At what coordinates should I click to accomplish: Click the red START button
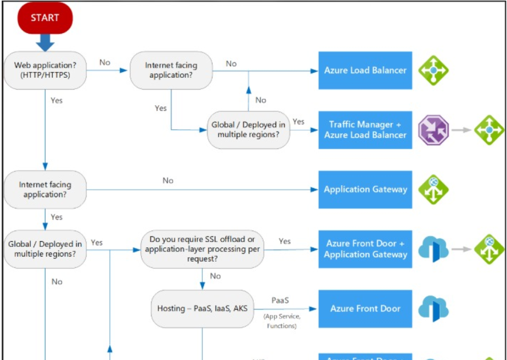point(45,18)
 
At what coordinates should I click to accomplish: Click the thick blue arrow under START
point(45,42)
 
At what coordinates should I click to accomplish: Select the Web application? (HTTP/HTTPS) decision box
point(45,71)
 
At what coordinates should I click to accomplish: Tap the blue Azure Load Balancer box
point(365,70)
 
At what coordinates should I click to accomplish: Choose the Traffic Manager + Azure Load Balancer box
point(365,130)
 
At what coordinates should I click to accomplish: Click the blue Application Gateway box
point(365,189)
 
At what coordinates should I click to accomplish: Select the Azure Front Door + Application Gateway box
point(365,249)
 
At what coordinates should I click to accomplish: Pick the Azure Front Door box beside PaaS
point(365,309)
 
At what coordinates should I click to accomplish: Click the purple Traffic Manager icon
point(433,130)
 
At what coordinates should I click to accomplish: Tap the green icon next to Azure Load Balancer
point(433,70)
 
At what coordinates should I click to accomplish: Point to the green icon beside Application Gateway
point(433,189)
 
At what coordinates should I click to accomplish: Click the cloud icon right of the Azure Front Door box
point(433,309)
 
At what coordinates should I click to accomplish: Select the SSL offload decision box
point(202,249)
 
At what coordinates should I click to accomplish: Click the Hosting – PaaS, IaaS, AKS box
point(202,309)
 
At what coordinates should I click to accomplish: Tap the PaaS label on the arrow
point(280,300)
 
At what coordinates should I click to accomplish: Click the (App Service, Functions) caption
point(281,321)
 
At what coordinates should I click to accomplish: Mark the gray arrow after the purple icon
point(461,130)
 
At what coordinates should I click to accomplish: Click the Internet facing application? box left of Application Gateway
point(45,189)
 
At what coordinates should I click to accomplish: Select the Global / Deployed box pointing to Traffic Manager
point(248,130)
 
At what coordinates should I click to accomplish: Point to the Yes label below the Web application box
point(57,101)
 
